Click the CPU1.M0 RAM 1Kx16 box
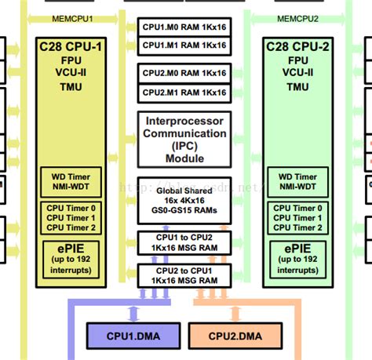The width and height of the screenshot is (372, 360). click(185, 26)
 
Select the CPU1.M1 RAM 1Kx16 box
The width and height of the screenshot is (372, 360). click(185, 45)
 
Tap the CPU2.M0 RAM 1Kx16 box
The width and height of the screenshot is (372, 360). click(185, 73)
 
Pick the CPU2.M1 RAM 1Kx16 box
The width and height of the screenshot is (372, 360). click(185, 93)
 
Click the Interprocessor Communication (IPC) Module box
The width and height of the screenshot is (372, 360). click(185, 140)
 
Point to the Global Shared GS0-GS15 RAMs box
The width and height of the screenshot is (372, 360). click(185, 200)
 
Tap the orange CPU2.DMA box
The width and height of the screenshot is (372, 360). click(235, 336)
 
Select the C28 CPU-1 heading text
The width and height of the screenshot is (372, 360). click(70, 46)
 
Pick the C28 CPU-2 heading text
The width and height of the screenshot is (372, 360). click(297, 46)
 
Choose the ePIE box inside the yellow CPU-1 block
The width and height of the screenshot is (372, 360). click(70, 258)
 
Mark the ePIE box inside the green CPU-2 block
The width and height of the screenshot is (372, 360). click(297, 258)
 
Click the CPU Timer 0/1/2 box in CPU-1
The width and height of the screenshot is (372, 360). click(70, 217)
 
